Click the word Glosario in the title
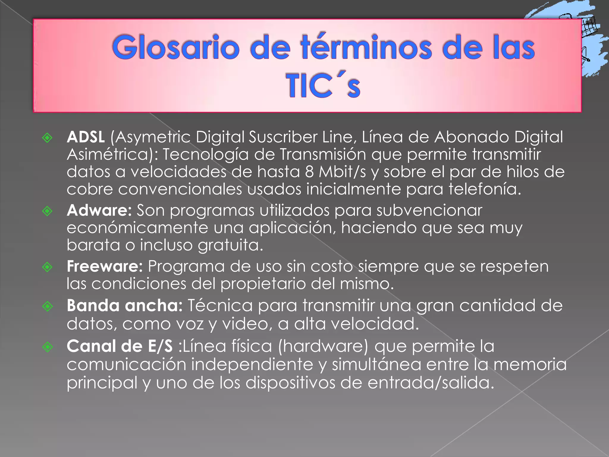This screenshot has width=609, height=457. click(x=176, y=48)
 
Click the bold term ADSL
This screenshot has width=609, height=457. click(x=86, y=137)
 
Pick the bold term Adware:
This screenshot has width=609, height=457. click(x=99, y=210)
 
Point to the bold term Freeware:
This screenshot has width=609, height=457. click(x=105, y=266)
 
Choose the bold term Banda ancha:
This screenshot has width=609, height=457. click(x=125, y=306)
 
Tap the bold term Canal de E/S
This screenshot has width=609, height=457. click(x=120, y=346)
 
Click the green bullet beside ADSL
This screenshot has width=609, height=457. click(x=47, y=138)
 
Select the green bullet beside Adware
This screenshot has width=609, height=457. click(x=47, y=211)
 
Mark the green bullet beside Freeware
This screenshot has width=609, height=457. click(x=47, y=267)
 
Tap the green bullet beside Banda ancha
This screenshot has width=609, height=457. click(x=47, y=306)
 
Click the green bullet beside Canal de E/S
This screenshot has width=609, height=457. click(x=47, y=347)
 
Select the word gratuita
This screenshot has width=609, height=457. click(x=230, y=245)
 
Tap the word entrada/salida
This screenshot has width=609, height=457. click(x=431, y=383)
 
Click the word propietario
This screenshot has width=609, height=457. click(x=263, y=284)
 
